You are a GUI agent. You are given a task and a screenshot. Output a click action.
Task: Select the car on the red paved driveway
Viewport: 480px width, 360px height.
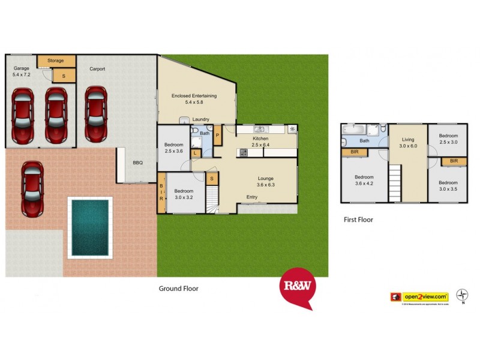tap(32, 189)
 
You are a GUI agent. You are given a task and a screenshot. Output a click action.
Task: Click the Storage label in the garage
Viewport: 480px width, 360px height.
tap(56, 61)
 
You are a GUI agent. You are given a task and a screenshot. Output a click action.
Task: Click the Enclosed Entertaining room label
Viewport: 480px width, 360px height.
tap(194, 99)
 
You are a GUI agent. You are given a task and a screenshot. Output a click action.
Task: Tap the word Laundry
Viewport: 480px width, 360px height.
tap(200, 119)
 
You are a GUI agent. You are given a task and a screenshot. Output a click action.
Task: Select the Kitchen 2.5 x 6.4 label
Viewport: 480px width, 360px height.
tap(261, 142)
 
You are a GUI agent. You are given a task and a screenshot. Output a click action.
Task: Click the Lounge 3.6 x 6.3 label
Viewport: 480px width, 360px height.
tap(266, 182)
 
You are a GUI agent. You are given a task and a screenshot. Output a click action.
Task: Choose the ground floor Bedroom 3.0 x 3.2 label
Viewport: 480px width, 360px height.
tap(184, 193)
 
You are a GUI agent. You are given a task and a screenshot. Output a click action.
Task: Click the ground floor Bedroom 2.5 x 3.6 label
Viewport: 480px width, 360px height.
tap(173, 148)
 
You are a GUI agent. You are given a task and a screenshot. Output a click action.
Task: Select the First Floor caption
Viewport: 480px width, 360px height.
tap(358, 220)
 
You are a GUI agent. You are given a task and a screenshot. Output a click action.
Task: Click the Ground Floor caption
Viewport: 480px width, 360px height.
tap(178, 289)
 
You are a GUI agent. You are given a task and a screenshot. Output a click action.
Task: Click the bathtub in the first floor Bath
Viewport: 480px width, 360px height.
tap(352, 130)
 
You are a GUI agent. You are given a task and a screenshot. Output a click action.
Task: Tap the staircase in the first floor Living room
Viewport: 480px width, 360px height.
tap(394, 184)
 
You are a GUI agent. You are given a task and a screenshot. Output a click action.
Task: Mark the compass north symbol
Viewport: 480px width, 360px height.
tap(463, 294)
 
